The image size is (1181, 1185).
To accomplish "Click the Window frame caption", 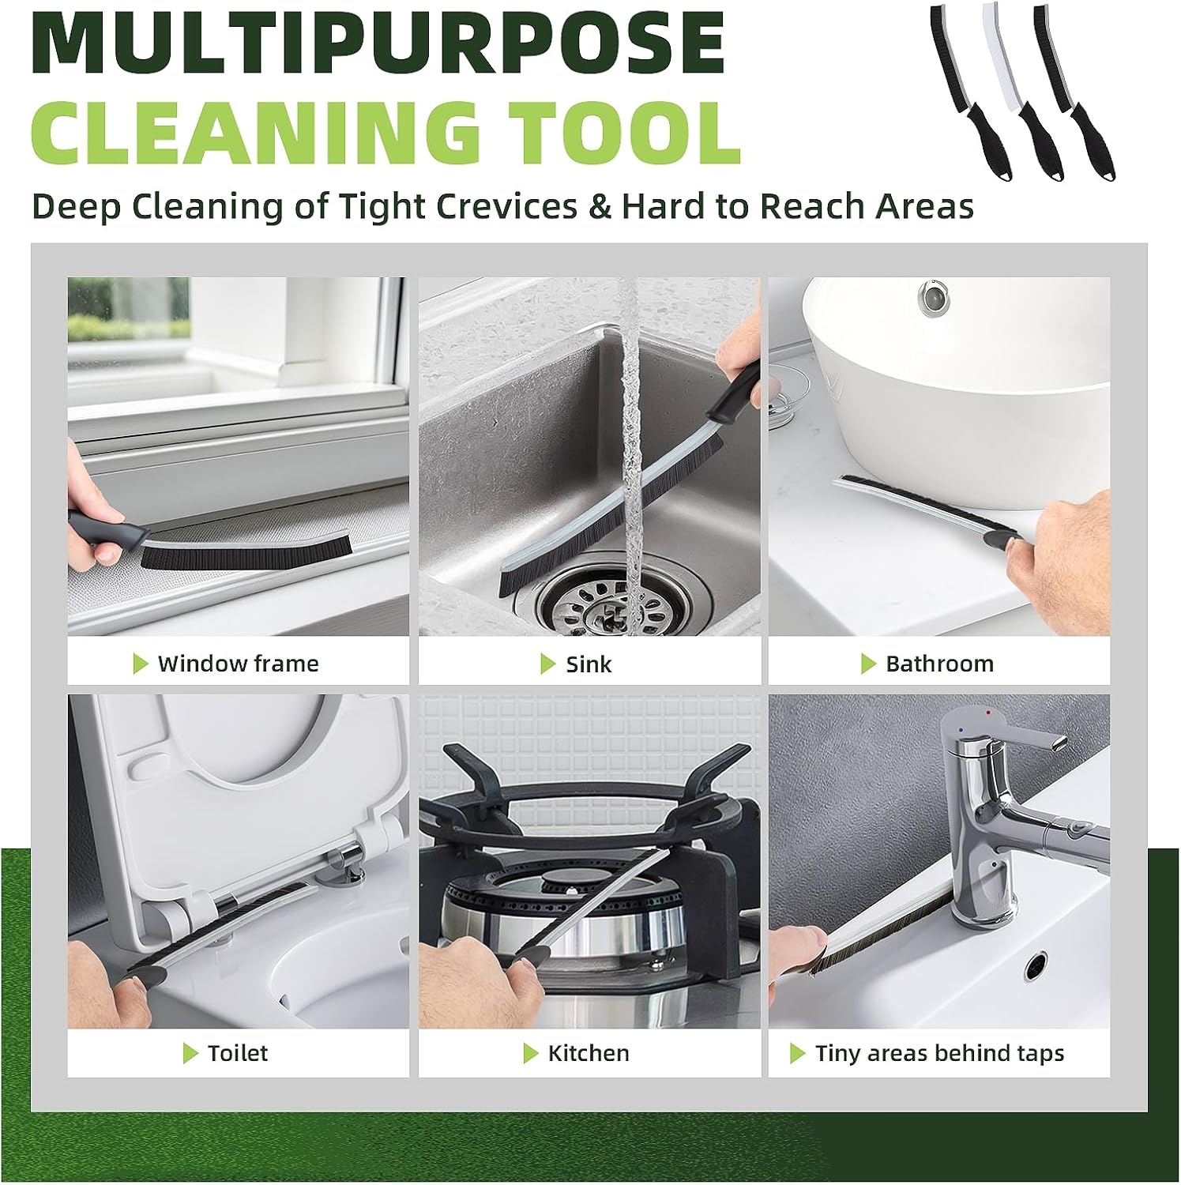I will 238,664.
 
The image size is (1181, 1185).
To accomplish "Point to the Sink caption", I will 589,664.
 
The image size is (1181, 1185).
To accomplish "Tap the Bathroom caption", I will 939,664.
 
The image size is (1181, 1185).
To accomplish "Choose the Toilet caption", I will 237,1053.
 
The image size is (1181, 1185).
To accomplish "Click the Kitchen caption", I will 589,1053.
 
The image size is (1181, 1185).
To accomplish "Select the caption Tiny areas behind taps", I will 939,1053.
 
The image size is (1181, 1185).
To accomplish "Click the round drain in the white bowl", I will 933,296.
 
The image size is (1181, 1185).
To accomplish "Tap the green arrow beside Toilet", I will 190,1053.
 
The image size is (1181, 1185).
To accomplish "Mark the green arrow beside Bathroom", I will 868,664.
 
